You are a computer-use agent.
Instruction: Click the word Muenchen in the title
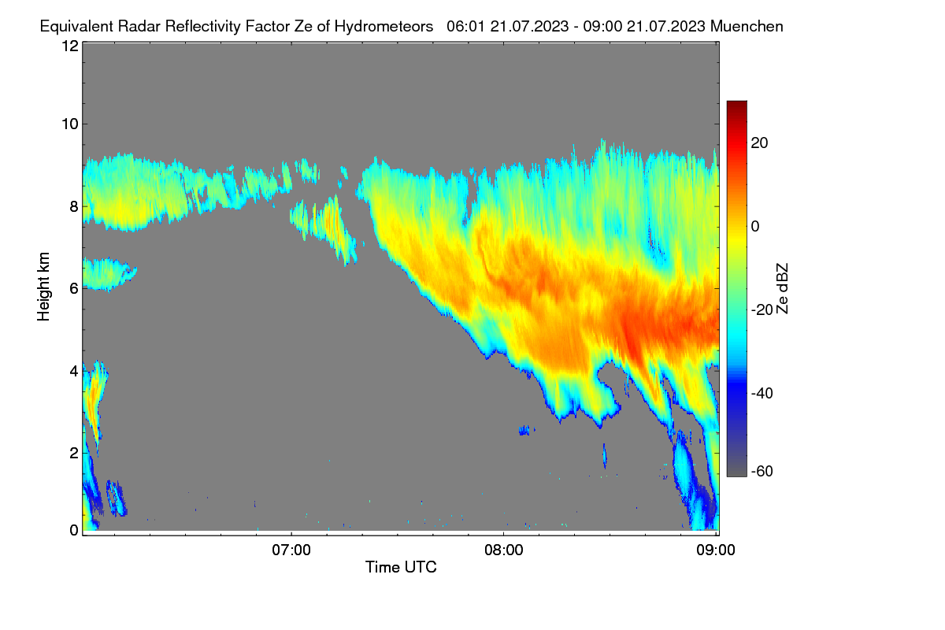pos(747,27)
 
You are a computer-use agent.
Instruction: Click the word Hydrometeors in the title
pos(384,27)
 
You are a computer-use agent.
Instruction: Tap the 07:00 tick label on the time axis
pos(291,550)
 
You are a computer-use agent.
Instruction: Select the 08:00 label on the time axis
pos(504,550)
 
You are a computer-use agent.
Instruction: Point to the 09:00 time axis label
pos(716,550)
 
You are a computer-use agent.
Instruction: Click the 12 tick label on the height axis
pos(70,46)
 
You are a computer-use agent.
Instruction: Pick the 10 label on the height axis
pos(70,124)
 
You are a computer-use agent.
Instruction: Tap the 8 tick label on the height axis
pos(74,206)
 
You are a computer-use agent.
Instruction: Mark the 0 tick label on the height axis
pos(74,530)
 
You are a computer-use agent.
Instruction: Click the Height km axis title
pos(43,287)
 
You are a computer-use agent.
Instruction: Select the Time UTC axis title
pos(401,567)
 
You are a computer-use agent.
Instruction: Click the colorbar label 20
pos(759,143)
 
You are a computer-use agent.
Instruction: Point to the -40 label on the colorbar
pos(762,393)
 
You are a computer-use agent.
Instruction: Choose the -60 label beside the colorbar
pos(762,472)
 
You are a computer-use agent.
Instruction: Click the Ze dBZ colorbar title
pos(782,289)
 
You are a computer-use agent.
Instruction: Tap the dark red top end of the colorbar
pos(736,103)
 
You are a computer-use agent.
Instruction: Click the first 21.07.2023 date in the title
pos(529,27)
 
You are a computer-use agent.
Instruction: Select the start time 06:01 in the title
pos(466,27)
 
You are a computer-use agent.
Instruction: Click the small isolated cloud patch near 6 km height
pos(108,274)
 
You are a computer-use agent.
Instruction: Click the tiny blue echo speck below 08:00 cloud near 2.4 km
pos(525,431)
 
